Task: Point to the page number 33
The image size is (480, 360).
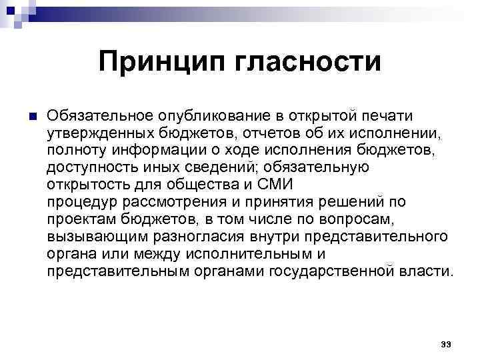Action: (446, 344)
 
